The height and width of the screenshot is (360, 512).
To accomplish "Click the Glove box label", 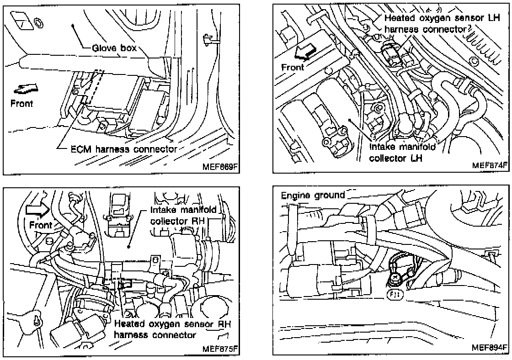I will (x=114, y=48).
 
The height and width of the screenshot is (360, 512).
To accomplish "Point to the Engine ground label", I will (x=313, y=196).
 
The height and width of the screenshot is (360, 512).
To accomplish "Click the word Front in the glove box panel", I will (x=21, y=104).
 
